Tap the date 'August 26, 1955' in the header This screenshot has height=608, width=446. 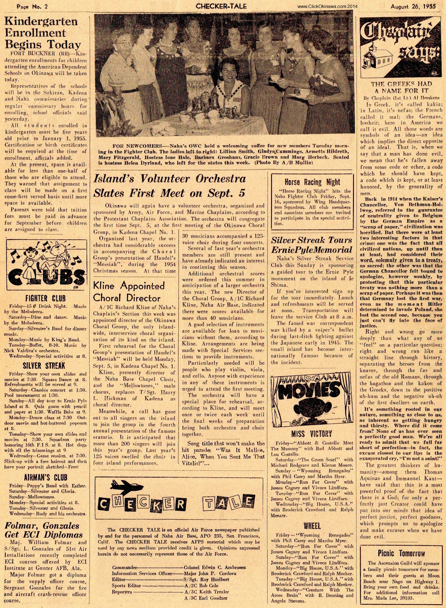[413, 6]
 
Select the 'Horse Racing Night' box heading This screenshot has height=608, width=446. [312, 182]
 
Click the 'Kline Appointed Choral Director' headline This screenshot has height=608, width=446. [129, 292]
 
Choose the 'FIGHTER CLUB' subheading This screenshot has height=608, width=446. [45, 298]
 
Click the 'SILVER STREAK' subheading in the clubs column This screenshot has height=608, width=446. [44, 366]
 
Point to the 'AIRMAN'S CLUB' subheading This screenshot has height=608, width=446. [46, 477]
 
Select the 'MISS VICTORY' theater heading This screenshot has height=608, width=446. [311, 434]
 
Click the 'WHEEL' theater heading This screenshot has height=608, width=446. [312, 526]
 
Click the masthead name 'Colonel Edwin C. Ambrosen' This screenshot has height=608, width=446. [215, 567]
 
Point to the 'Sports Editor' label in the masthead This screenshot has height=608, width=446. [127, 585]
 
